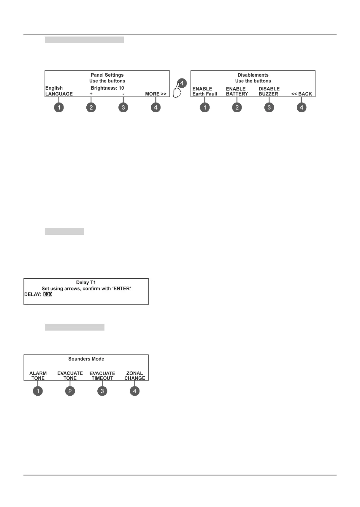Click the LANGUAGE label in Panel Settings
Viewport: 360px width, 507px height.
(x=59, y=94)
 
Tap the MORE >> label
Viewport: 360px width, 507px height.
(x=156, y=94)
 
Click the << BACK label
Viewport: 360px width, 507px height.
(x=302, y=94)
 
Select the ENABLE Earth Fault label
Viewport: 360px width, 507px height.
(x=205, y=91)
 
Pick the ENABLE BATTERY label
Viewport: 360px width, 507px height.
(x=237, y=91)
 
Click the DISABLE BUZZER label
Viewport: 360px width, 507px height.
(x=269, y=91)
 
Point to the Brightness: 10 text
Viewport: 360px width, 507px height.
(x=107, y=88)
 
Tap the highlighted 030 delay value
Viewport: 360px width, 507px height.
(x=47, y=294)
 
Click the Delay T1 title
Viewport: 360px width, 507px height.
(x=86, y=282)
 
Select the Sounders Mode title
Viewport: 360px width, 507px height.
(x=86, y=359)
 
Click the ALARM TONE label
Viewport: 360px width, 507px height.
(x=38, y=376)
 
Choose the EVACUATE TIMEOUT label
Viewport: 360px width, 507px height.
(x=102, y=376)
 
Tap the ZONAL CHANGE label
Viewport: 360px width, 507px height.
(x=134, y=376)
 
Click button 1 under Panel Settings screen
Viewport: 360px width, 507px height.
(x=59, y=107)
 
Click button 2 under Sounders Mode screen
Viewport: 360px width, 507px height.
(x=70, y=391)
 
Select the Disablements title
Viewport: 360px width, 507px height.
(x=253, y=75)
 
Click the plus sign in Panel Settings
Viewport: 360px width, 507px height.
(x=91, y=94)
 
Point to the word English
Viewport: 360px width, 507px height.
(x=54, y=88)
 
